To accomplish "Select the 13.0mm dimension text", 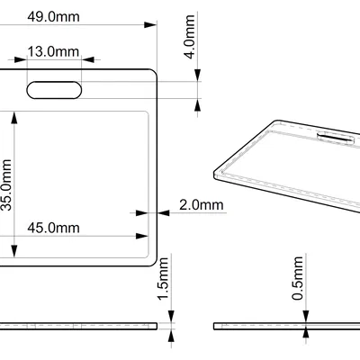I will click(52, 52).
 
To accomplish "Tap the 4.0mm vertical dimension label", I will click(189, 40).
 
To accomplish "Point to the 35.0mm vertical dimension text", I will click(7, 185).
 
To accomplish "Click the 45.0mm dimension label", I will click(52, 228).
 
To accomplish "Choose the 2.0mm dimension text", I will click(201, 205).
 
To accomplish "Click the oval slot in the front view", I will click(54, 88).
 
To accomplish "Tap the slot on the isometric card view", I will click(335, 138).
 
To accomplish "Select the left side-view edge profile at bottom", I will click(81, 325).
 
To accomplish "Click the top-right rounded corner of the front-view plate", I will click(154, 71).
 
